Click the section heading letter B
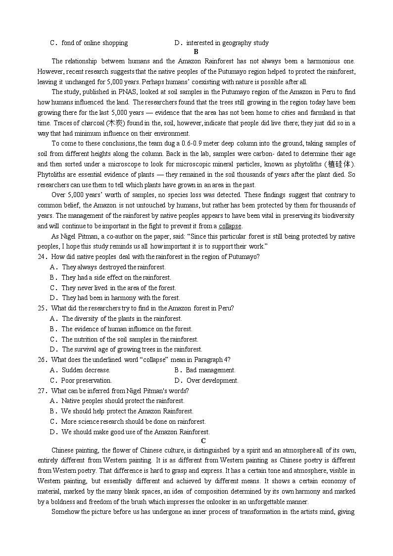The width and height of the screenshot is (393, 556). (196, 51)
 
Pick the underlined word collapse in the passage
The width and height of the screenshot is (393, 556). (230, 226)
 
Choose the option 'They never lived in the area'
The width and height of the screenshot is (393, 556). (118, 288)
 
